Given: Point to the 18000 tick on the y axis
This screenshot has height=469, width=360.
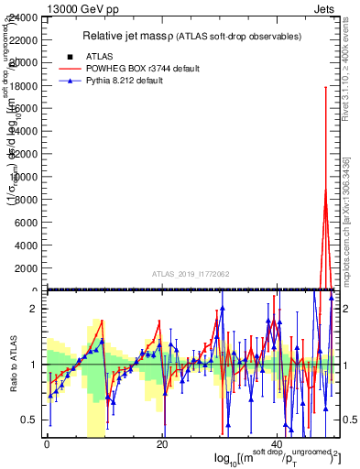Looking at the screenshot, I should tap(22, 86).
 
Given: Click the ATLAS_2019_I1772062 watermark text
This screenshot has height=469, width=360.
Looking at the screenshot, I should tap(190, 274).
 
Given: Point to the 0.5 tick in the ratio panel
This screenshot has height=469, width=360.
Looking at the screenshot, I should tap(29, 420).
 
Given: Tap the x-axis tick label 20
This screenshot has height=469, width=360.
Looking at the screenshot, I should tap(162, 444).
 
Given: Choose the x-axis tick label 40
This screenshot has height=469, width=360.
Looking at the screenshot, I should tap(278, 444).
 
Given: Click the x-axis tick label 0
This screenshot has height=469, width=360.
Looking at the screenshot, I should tap(47, 444).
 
